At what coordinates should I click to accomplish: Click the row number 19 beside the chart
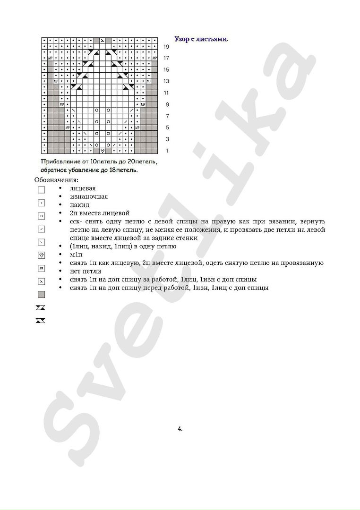click(x=166, y=47)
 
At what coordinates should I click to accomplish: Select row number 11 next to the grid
click(x=166, y=93)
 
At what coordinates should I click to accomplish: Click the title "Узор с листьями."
click(x=201, y=39)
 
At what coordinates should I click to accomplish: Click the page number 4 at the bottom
click(x=180, y=429)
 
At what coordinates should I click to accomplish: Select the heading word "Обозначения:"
click(x=57, y=180)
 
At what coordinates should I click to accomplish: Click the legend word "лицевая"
click(x=83, y=188)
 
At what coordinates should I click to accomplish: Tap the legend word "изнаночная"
click(x=88, y=196)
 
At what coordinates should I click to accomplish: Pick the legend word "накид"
click(x=79, y=205)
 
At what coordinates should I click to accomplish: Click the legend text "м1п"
click(x=76, y=255)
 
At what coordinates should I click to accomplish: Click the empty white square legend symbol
click(x=42, y=190)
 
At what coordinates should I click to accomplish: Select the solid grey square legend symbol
click(x=42, y=295)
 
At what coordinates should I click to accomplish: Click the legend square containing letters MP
click(x=42, y=268)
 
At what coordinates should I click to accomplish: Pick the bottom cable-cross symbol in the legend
click(x=41, y=321)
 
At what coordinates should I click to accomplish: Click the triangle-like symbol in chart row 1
click(x=103, y=151)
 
